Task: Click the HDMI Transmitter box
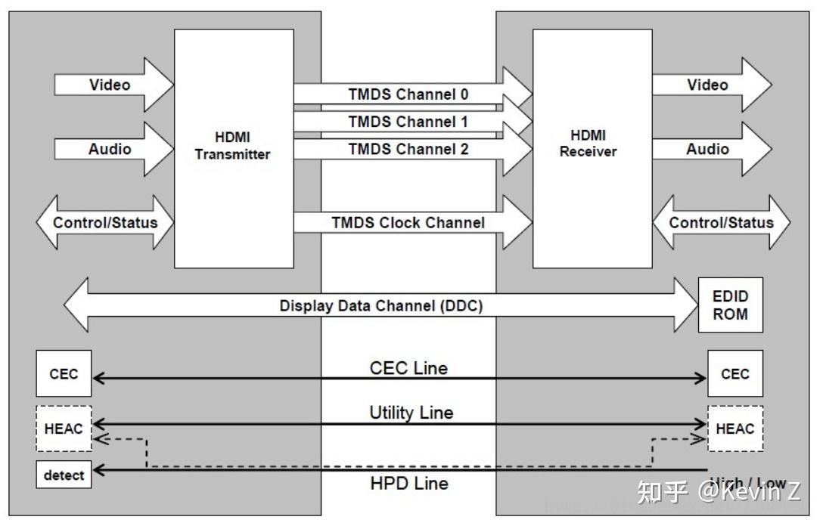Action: [x=233, y=148]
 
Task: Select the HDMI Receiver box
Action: [x=592, y=148]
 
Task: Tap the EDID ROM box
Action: [x=730, y=306]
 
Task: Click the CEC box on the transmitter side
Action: [x=64, y=374]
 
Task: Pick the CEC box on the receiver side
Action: [x=734, y=374]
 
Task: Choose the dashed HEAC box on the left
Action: [x=64, y=429]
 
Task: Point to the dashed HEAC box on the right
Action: [x=734, y=429]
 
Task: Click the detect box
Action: [x=64, y=475]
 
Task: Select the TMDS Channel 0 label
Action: [x=408, y=94]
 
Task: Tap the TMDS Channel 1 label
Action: [x=408, y=122]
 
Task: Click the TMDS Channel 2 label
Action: [x=408, y=149]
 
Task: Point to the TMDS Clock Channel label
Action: [x=408, y=223]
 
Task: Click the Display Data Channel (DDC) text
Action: [x=381, y=306]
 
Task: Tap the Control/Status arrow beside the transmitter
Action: [x=105, y=222]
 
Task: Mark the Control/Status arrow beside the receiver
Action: [x=721, y=222]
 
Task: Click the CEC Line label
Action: [x=408, y=368]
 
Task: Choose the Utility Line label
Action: [x=411, y=413]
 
